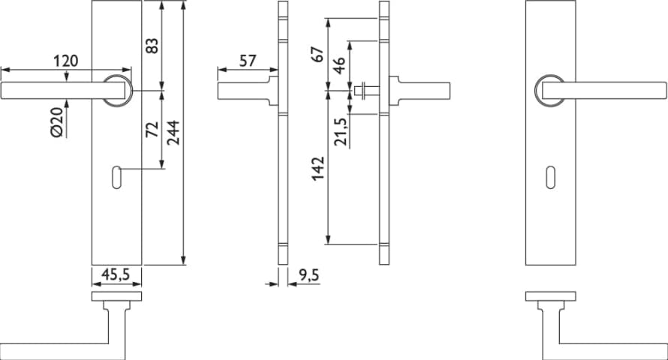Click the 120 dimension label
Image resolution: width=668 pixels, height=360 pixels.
pyautogui.click(x=65, y=61)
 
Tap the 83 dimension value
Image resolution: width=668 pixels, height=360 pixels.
pyautogui.click(x=152, y=46)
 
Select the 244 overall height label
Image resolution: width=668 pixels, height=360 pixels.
pyautogui.click(x=173, y=133)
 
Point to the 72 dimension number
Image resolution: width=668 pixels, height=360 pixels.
pyautogui.click(x=152, y=129)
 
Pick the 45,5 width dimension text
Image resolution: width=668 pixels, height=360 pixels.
pyautogui.click(x=116, y=275)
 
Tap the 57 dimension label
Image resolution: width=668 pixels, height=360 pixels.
pyautogui.click(x=248, y=61)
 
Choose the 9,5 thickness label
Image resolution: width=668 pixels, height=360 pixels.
pyautogui.click(x=308, y=275)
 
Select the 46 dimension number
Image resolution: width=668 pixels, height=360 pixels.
pyautogui.click(x=339, y=65)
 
